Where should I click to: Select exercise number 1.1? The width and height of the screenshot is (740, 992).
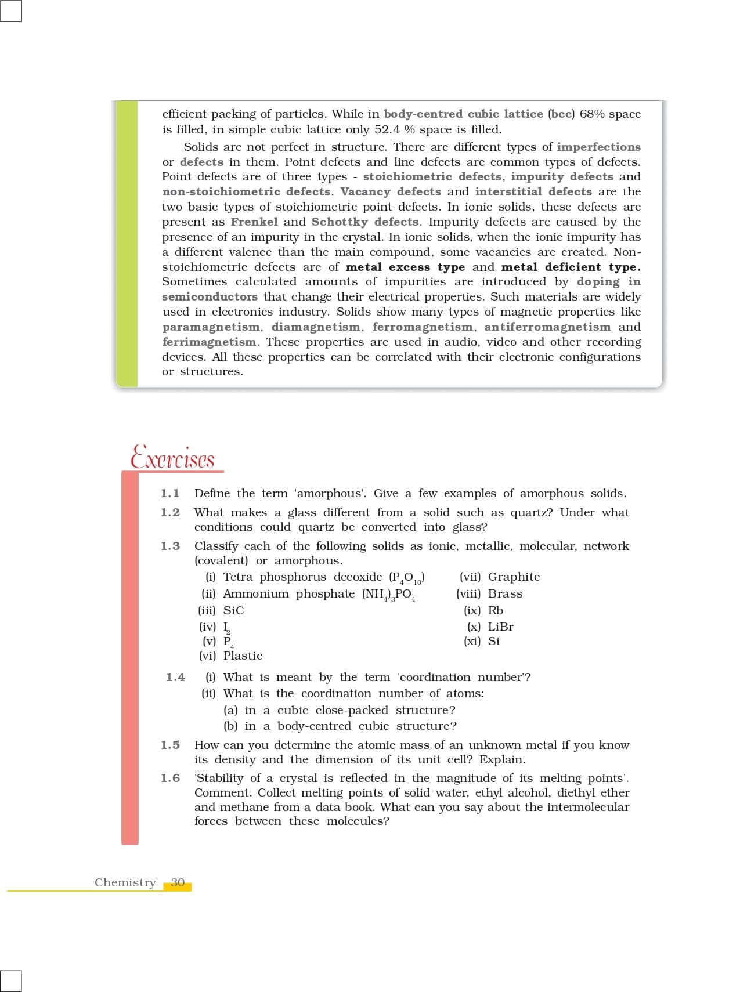point(170,494)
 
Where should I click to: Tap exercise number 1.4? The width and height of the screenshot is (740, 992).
point(175,678)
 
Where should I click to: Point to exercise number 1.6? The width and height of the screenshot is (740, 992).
point(170,779)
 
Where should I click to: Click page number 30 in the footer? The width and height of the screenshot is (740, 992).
point(178,883)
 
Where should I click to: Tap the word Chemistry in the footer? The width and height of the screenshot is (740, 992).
point(125,883)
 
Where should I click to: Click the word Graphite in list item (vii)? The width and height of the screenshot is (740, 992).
point(514,577)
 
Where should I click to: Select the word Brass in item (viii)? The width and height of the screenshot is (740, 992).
point(505,594)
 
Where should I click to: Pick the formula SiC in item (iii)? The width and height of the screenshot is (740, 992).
point(233,611)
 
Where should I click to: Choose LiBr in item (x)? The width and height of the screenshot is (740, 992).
point(500,627)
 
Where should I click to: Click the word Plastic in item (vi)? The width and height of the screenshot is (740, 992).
point(243,656)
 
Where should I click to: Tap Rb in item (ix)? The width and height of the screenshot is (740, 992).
point(496,611)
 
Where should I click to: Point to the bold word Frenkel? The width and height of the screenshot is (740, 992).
point(254,222)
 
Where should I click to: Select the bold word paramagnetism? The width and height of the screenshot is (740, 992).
point(211,327)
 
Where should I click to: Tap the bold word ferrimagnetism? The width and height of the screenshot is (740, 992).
point(209,342)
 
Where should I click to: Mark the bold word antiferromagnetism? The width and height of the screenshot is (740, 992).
point(547,327)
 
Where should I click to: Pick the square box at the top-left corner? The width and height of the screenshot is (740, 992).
point(10,10)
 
